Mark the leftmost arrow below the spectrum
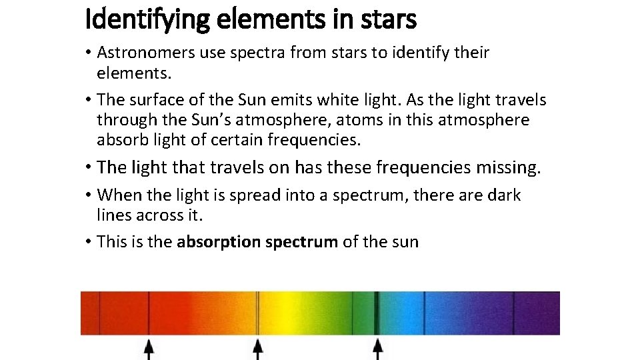coord(149,348)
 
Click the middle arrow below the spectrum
coord(258,348)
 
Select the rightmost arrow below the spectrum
coord(377,348)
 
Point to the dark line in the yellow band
coord(258,313)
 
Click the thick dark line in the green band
coord(377,313)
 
